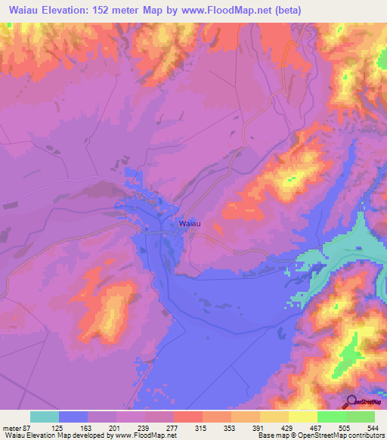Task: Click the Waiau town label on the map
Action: [190, 224]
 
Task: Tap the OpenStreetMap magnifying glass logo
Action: [350, 401]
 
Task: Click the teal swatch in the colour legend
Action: [45, 417]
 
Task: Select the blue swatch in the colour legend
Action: [73, 417]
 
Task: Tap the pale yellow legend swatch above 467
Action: [303, 417]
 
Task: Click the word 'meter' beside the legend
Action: [11, 426]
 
